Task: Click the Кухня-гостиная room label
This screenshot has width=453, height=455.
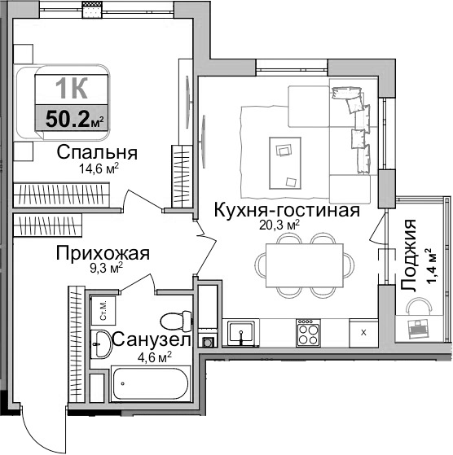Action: coord(286,211)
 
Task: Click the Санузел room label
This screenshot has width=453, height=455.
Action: coord(152,340)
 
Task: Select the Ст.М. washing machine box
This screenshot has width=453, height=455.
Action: coord(105,311)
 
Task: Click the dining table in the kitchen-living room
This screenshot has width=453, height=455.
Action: coord(306,264)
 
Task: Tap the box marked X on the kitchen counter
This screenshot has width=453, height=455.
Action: coord(363,332)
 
